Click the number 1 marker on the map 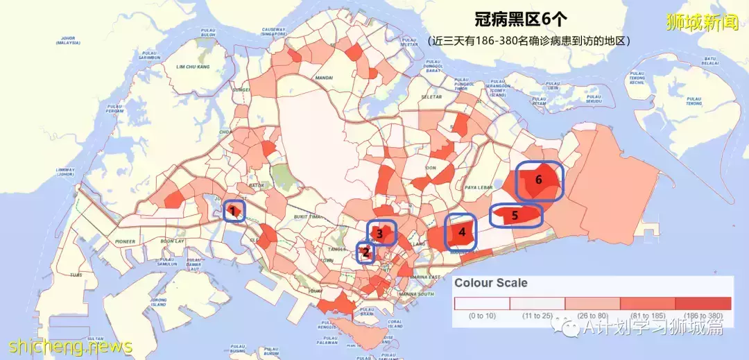coord(234,210)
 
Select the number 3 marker coord(380,234)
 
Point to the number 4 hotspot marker coord(462,232)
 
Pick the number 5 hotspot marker coord(515,216)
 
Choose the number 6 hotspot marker coord(538,179)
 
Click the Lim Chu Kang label coord(191,67)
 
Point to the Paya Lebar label coord(478,186)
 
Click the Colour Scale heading coord(490,283)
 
